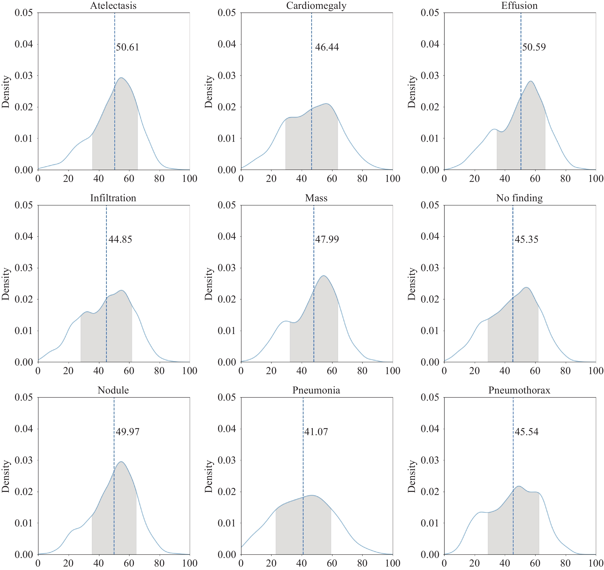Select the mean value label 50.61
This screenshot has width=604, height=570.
[127, 47]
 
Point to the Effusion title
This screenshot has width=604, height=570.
[519, 6]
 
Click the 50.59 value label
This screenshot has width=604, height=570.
[534, 47]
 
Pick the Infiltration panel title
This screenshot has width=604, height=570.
[113, 198]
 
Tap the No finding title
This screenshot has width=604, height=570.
[519, 198]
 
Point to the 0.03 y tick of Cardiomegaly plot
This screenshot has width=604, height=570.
[227, 75]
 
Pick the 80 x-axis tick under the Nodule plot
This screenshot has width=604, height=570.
[159, 563]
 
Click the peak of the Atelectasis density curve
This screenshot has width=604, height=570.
[121, 78]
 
